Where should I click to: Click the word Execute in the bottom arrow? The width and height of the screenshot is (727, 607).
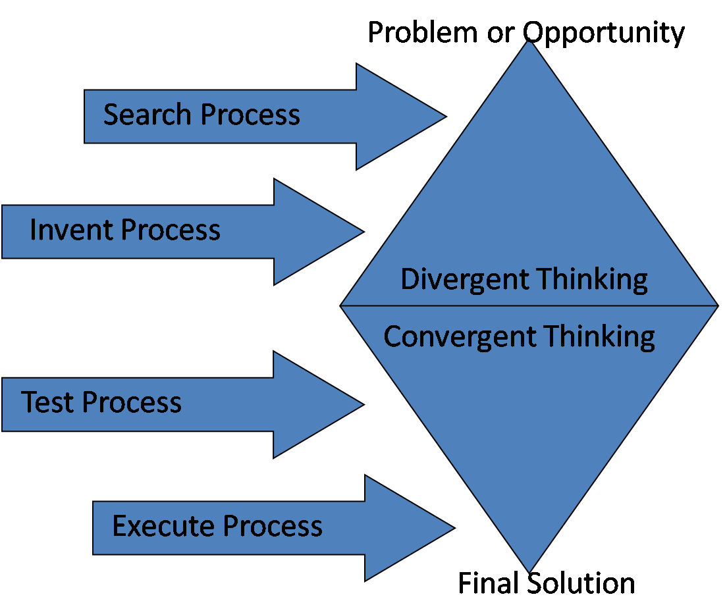[164, 526]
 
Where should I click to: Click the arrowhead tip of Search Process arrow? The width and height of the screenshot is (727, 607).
[446, 117]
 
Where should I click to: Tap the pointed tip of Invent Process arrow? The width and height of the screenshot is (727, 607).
[363, 232]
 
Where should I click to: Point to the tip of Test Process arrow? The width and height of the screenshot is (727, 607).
[363, 404]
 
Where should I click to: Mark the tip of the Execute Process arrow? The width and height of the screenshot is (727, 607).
[454, 527]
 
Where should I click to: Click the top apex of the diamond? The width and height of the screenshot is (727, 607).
[528, 41]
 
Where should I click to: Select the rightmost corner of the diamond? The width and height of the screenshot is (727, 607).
[718, 305]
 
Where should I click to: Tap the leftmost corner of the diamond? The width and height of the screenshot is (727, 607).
[340, 305]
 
